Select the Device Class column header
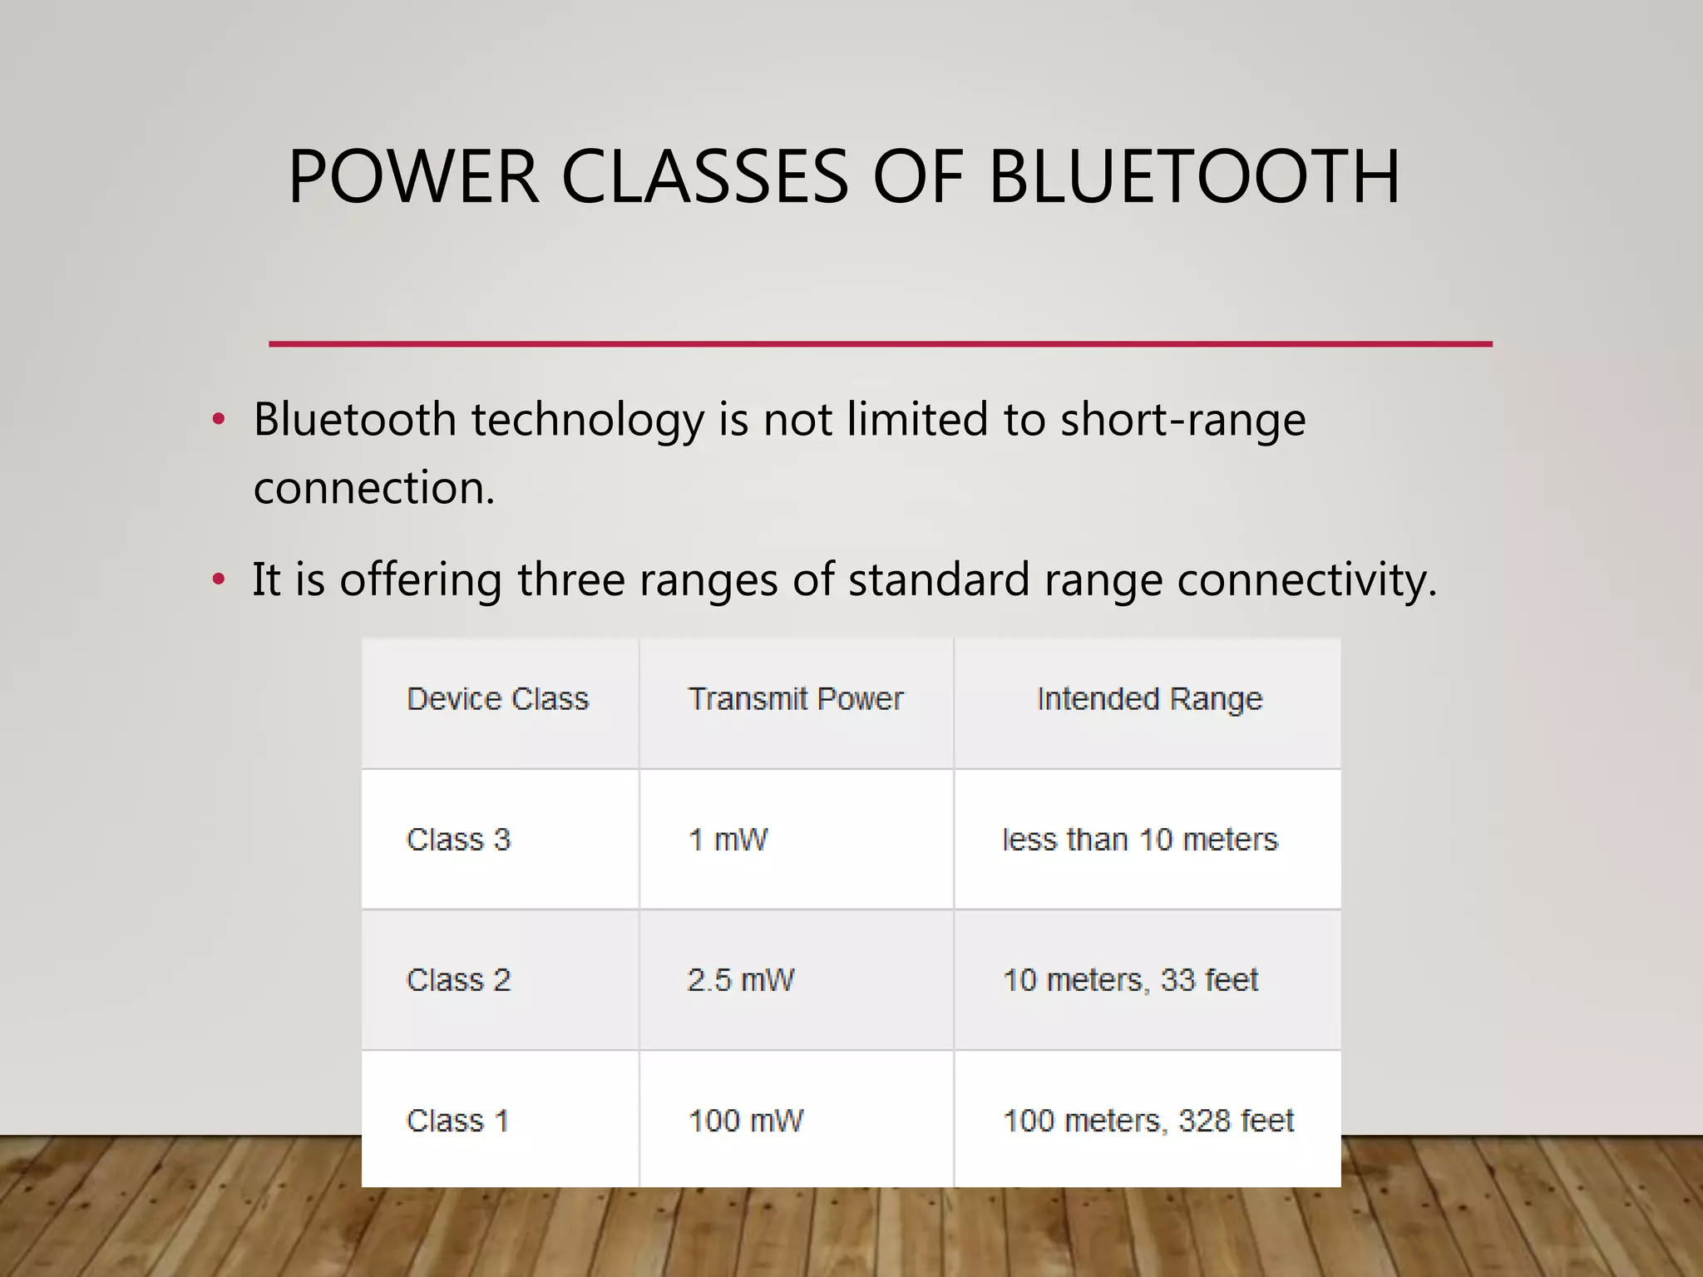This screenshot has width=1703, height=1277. click(x=497, y=699)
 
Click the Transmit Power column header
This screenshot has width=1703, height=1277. click(x=796, y=699)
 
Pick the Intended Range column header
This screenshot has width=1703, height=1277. click(x=1149, y=699)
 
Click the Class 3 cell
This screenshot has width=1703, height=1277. click(x=458, y=840)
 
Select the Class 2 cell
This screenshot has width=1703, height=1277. click(x=458, y=980)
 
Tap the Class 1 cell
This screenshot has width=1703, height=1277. click(x=457, y=1121)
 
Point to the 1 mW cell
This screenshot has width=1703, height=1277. click(x=728, y=840)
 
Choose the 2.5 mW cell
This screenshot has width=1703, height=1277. click(x=741, y=980)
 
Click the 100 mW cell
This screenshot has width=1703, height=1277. click(x=746, y=1121)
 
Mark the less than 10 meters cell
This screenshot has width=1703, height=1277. click(x=1140, y=840)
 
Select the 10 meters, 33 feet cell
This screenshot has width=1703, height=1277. click(x=1130, y=980)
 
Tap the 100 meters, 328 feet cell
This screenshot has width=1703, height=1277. click(x=1148, y=1121)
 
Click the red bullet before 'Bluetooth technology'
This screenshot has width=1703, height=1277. click(x=219, y=419)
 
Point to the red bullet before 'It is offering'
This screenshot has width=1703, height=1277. click(x=219, y=579)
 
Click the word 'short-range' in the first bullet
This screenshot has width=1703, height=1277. click(x=1182, y=419)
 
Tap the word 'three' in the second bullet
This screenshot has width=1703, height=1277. click(x=570, y=579)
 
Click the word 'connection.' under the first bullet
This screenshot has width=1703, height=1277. click(x=374, y=488)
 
